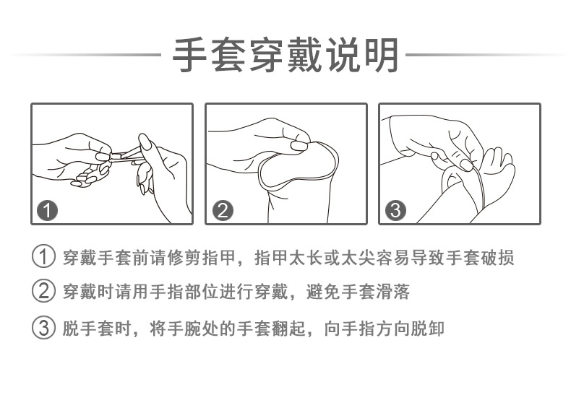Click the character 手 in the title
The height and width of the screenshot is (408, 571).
click(190, 55)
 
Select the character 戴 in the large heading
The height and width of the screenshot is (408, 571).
click(305, 55)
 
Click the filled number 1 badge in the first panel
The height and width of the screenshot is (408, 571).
click(47, 210)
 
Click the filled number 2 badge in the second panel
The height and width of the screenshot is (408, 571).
click(223, 210)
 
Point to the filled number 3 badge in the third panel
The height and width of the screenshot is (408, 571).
click(396, 210)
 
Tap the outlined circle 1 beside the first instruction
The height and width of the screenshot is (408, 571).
click(43, 256)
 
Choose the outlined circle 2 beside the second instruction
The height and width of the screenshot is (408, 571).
click(43, 291)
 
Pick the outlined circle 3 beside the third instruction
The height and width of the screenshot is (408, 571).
click(43, 328)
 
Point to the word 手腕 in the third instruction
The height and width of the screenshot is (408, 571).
click(184, 329)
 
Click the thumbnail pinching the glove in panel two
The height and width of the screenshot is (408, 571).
click(299, 145)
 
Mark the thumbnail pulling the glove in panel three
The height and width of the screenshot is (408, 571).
click(466, 164)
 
